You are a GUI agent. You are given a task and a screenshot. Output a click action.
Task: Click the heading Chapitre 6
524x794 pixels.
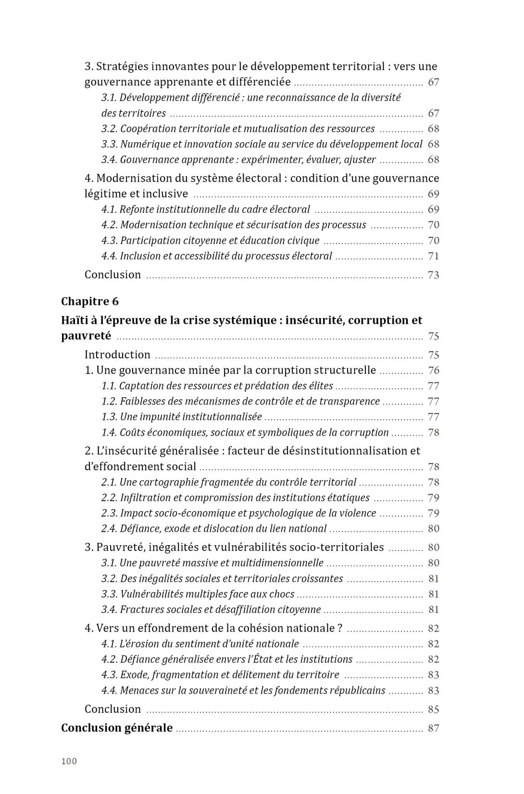(x=89, y=302)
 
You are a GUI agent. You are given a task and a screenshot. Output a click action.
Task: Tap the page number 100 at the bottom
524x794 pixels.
(x=69, y=761)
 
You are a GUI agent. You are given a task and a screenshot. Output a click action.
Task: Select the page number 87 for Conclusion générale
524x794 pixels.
(x=433, y=728)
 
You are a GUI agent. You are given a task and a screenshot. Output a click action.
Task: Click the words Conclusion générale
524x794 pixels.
(x=117, y=728)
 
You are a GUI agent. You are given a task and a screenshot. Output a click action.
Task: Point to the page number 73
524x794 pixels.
(x=433, y=275)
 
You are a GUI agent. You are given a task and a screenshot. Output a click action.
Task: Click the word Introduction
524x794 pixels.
(x=117, y=355)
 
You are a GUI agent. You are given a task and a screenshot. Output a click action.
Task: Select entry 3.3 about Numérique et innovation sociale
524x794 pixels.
(x=262, y=144)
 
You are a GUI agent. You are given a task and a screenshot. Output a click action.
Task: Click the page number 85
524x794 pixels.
(x=433, y=709)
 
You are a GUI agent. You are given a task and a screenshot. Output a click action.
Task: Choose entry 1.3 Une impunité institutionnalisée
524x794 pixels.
(x=182, y=417)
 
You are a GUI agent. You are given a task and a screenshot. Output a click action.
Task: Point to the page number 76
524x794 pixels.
(x=433, y=370)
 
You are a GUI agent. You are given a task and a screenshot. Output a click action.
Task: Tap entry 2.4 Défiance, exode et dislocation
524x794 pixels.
(x=214, y=529)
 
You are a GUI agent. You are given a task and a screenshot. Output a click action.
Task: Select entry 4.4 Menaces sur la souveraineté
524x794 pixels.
(x=243, y=691)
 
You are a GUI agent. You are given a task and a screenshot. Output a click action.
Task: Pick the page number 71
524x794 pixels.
(x=433, y=256)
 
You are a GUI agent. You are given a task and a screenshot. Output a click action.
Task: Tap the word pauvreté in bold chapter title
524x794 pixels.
(x=86, y=336)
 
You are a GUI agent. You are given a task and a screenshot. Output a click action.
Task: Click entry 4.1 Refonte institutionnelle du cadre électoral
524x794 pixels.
(x=206, y=209)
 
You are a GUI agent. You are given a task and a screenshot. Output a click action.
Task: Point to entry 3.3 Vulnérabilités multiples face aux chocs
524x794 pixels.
(x=198, y=594)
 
